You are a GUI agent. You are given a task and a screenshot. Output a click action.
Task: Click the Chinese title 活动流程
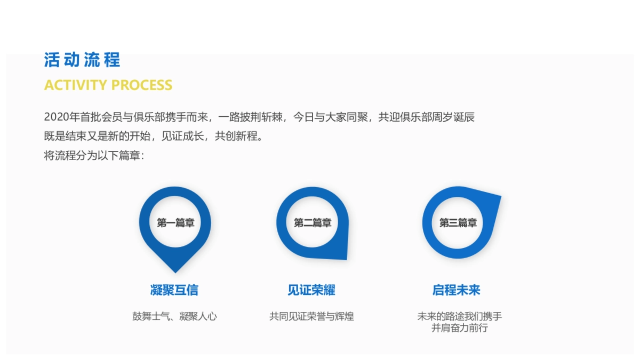tap(82, 60)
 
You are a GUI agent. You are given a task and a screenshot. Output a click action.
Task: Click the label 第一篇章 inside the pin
tap(175, 223)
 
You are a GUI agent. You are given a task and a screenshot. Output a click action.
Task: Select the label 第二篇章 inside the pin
tap(313, 223)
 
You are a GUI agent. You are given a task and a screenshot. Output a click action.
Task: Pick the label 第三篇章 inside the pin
tap(458, 223)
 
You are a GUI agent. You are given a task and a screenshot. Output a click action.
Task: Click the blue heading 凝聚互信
tap(174, 290)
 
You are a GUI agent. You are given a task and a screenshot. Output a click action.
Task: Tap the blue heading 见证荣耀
tap(311, 290)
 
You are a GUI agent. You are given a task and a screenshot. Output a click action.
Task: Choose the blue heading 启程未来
tap(457, 290)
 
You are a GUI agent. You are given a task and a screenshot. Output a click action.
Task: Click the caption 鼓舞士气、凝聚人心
tap(174, 316)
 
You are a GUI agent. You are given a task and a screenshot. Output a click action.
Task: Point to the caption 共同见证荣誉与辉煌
tap(311, 316)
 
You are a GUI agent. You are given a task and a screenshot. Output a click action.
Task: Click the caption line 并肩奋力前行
tap(459, 328)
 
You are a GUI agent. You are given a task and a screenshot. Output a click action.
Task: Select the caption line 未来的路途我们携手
tap(459, 316)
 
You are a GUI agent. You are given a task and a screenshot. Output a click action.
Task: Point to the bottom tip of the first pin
tap(175, 271)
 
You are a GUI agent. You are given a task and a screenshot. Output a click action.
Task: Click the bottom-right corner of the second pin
tap(346, 258)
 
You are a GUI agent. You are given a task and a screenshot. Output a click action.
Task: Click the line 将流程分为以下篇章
tap(94, 156)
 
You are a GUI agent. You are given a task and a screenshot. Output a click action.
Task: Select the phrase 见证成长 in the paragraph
tap(183, 137)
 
